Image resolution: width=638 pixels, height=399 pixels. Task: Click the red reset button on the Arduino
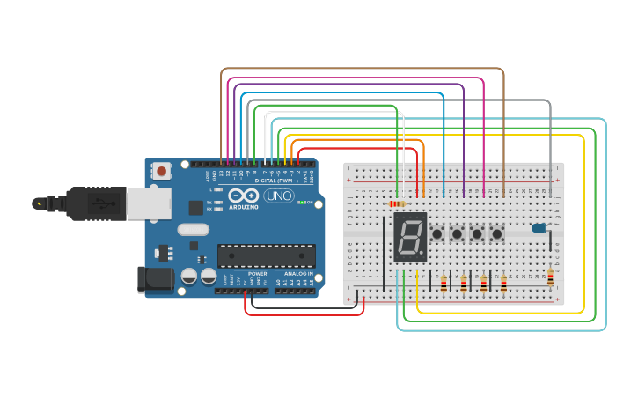[161, 170]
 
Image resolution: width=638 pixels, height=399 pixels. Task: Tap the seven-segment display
[410, 236]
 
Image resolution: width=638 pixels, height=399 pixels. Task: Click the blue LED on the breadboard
[538, 229]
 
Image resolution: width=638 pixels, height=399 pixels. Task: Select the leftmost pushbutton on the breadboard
[436, 234]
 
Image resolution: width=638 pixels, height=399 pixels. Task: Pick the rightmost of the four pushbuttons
[497, 234]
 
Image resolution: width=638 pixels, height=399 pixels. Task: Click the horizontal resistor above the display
[396, 203]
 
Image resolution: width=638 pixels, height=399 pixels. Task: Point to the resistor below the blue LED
[551, 278]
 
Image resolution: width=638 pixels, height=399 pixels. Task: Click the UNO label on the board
[279, 196]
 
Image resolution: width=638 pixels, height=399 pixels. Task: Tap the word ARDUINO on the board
[244, 207]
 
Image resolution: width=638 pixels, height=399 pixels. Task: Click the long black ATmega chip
[266, 255]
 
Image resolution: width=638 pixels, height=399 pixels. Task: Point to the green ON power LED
[300, 203]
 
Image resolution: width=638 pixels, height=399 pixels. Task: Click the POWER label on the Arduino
[257, 273]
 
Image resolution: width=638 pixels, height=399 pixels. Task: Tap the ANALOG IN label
[297, 273]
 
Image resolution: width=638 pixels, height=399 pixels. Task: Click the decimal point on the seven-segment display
[422, 255]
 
